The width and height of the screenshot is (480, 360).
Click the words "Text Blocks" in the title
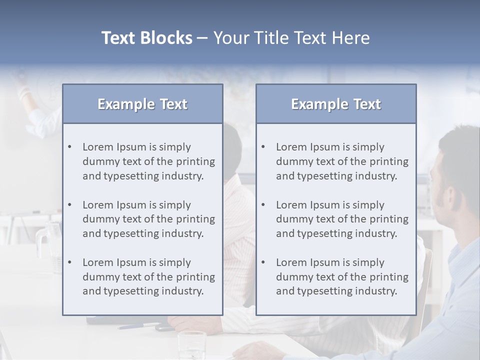point(146,38)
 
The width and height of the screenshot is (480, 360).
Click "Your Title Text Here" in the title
point(291,38)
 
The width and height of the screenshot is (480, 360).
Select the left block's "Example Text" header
point(142,104)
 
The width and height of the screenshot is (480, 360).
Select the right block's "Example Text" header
point(336,104)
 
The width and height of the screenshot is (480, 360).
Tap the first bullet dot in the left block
point(70,147)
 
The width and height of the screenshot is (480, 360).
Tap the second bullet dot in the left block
point(70,205)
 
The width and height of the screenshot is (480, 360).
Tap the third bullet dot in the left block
point(70,262)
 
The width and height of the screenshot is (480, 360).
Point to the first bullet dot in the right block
point(263,147)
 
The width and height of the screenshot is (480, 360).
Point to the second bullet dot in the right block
point(263,205)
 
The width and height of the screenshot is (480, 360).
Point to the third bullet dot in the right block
point(263,262)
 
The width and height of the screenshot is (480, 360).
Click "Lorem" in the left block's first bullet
point(98,147)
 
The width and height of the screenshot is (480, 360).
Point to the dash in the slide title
point(202,38)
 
